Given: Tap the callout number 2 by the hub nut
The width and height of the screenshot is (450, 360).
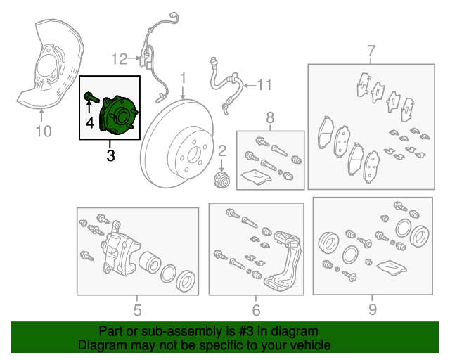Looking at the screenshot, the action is (221, 150).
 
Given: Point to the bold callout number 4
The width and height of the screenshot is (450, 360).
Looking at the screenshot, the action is (90, 124).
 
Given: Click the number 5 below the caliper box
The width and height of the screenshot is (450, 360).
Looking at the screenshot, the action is (137, 309).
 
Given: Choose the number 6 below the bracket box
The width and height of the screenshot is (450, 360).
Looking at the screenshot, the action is (256, 309).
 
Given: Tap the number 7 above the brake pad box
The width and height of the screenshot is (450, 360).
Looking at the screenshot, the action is (371, 51).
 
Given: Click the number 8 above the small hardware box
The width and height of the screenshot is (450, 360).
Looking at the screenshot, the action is (268, 117).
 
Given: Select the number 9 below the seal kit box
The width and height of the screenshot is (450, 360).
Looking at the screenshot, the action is (373, 309).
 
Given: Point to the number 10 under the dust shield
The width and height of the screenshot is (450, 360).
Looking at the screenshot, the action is (44, 130).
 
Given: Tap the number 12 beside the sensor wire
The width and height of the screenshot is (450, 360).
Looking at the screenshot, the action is (119, 58).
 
